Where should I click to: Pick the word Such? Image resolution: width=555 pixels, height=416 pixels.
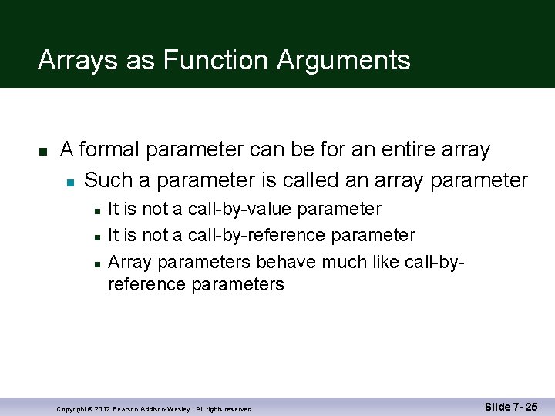click(x=108, y=180)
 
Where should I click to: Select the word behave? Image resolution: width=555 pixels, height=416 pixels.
click(x=286, y=262)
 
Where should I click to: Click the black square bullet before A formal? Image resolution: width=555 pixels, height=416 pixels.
click(x=44, y=150)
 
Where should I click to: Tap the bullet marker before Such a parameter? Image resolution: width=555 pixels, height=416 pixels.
click(x=69, y=182)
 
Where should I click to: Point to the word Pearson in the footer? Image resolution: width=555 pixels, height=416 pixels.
click(x=128, y=408)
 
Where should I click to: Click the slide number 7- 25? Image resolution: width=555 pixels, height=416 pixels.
click(x=523, y=407)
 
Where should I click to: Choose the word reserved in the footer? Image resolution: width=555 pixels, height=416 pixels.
click(x=238, y=408)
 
